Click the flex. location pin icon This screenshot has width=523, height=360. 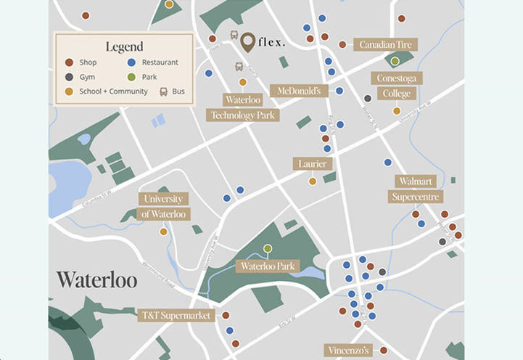[x=248, y=42]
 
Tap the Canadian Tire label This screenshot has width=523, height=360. [x=384, y=45]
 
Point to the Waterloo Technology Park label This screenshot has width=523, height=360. [x=242, y=107]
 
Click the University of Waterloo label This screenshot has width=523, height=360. [x=164, y=206]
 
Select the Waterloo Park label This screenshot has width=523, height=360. [x=268, y=266]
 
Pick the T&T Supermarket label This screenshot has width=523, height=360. [x=176, y=316]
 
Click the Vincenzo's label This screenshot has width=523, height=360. [x=348, y=350]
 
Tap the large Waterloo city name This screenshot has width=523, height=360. [x=96, y=280]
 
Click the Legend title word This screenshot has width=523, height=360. [x=124, y=47]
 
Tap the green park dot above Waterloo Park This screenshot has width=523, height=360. [x=268, y=249]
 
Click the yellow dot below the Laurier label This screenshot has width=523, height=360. [x=313, y=181]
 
